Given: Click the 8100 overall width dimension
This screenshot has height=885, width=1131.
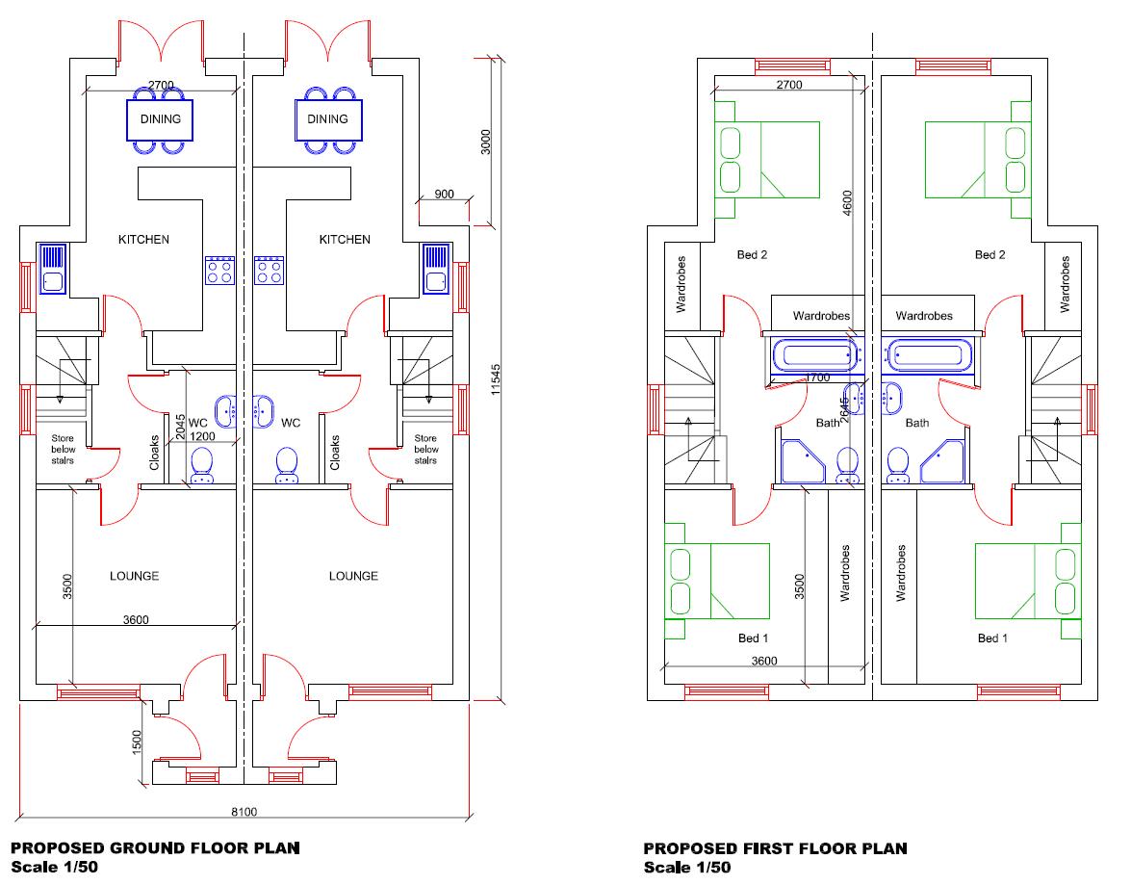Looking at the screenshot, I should (x=244, y=812).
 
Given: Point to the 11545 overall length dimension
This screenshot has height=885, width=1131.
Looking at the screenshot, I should (x=496, y=379).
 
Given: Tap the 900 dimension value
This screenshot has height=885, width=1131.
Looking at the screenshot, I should (x=444, y=194).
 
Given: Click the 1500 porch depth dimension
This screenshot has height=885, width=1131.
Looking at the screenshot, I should (x=137, y=742).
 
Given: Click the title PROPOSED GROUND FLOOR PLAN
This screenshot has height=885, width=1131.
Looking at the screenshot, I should (x=155, y=848).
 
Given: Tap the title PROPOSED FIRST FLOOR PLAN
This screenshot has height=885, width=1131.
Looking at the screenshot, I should (x=775, y=848).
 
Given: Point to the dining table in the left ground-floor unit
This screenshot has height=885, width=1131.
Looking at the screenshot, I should (x=161, y=119).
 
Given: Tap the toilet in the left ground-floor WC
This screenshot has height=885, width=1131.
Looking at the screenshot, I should (x=202, y=466).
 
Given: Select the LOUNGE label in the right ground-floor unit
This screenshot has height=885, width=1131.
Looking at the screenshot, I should (x=353, y=576).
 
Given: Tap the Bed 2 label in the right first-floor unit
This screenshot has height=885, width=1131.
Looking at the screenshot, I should (x=990, y=255).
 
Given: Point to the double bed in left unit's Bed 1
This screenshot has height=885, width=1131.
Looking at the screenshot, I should (x=717, y=582).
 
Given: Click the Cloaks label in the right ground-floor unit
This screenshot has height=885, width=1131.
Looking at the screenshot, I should (x=335, y=452).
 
